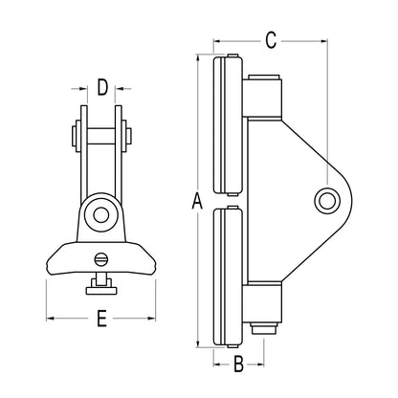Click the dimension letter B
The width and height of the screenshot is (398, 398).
point(238,364)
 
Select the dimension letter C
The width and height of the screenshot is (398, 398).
point(271,40)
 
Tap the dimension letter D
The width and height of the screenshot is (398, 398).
point(102,88)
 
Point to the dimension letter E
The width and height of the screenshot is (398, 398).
point(101,318)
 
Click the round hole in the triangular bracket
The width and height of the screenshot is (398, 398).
point(327,201)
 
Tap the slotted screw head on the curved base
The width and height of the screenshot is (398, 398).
point(100,258)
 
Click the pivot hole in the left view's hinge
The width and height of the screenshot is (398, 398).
point(100,214)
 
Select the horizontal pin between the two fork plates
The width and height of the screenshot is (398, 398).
point(101,136)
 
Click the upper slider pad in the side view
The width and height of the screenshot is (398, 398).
point(228,124)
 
